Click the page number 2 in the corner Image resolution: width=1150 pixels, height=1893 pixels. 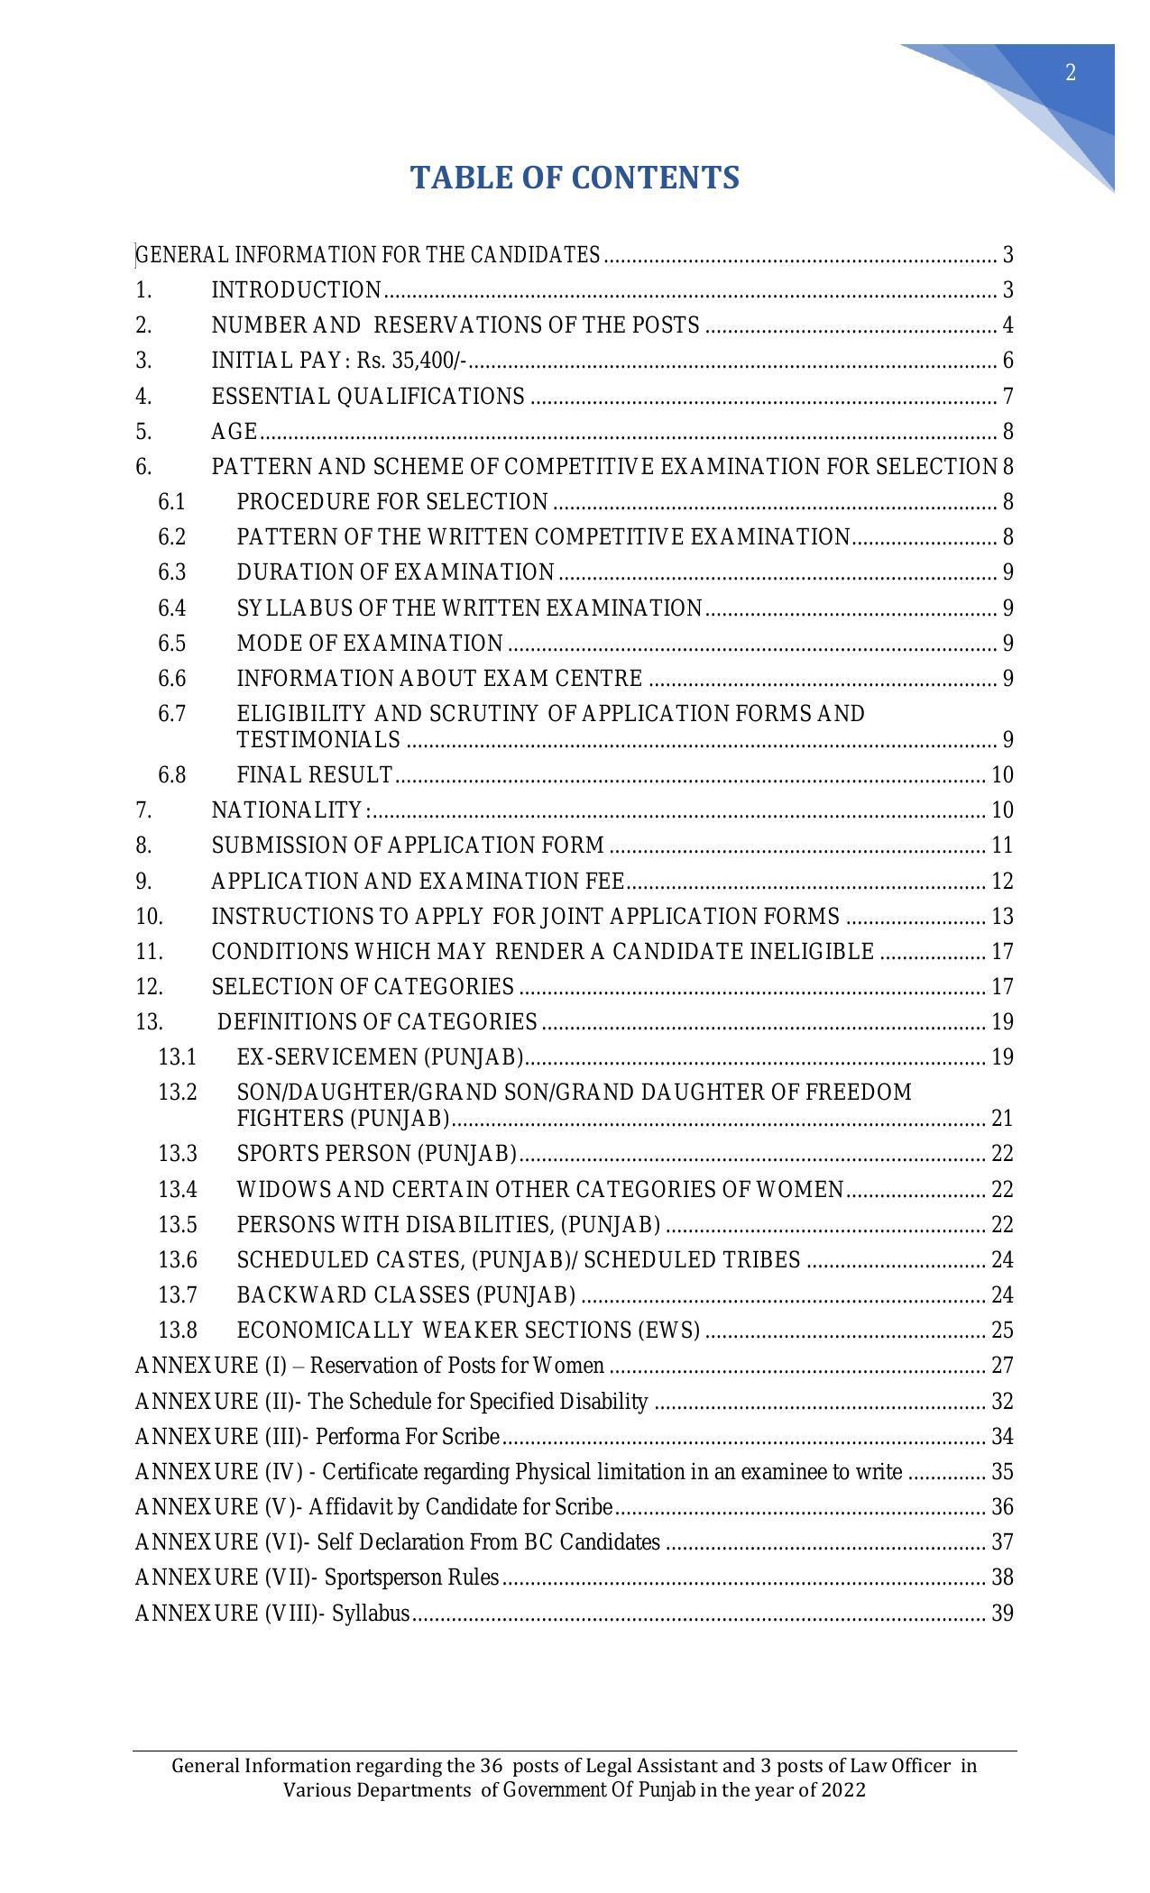(1071, 73)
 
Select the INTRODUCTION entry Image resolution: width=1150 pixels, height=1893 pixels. (297, 290)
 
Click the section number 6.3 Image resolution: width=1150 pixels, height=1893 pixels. (171, 572)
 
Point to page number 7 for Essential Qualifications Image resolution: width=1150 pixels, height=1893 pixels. (1007, 397)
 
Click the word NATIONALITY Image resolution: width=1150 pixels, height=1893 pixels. (287, 810)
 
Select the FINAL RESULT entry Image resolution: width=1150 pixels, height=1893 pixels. (315, 775)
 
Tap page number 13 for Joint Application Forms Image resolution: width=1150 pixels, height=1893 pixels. (1002, 917)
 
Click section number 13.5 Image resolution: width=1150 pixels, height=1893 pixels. (177, 1225)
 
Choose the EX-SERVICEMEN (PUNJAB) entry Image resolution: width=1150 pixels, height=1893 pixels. (381, 1057)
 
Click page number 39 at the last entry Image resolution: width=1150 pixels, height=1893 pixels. (1002, 1614)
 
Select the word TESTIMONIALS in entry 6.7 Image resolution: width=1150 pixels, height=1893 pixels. (318, 740)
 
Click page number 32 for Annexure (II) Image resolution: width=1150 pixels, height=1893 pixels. (1002, 1402)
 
